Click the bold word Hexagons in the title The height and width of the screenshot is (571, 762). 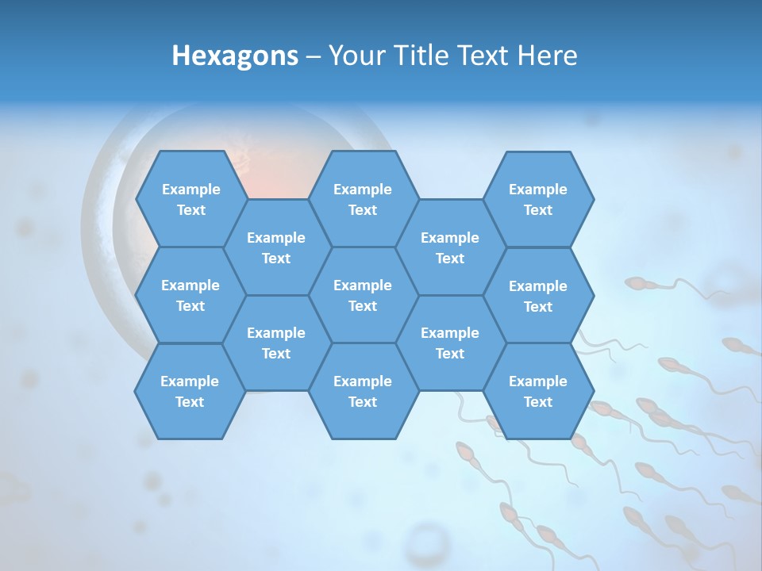[x=235, y=56]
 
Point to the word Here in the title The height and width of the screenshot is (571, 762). [x=548, y=56]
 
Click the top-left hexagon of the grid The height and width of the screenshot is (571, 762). [x=190, y=199]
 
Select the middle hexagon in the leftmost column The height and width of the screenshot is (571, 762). [x=190, y=295]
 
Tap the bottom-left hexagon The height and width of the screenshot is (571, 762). [x=190, y=391]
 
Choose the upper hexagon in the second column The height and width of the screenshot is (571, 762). [x=276, y=247]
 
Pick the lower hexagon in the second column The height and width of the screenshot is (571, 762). [x=276, y=343]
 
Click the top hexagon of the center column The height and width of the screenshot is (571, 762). [x=363, y=199]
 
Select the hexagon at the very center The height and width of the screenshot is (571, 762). [x=363, y=295]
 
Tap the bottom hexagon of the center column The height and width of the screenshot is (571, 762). [x=363, y=391]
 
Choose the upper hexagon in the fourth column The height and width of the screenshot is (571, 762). [x=450, y=247]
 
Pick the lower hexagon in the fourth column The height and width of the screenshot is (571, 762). [x=450, y=343]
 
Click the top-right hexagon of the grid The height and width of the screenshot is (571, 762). [x=538, y=199]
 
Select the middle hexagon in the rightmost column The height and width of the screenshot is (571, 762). [x=538, y=296]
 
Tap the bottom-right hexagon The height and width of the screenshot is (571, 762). [x=538, y=391]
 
